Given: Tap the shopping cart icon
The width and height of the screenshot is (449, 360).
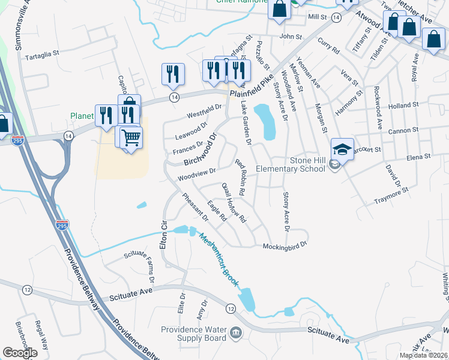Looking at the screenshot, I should coord(131,137).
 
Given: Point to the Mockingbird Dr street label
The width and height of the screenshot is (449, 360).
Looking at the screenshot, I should coord(285,245).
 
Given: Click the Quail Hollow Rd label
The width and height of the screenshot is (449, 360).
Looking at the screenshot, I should coord(235,203).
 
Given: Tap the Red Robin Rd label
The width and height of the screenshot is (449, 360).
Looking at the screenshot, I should coord(241,178).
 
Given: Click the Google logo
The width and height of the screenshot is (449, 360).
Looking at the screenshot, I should coord(20,352).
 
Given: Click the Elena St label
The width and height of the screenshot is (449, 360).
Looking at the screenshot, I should coord(419,157).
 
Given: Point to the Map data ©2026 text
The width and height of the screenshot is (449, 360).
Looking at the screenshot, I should coord(423,355).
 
